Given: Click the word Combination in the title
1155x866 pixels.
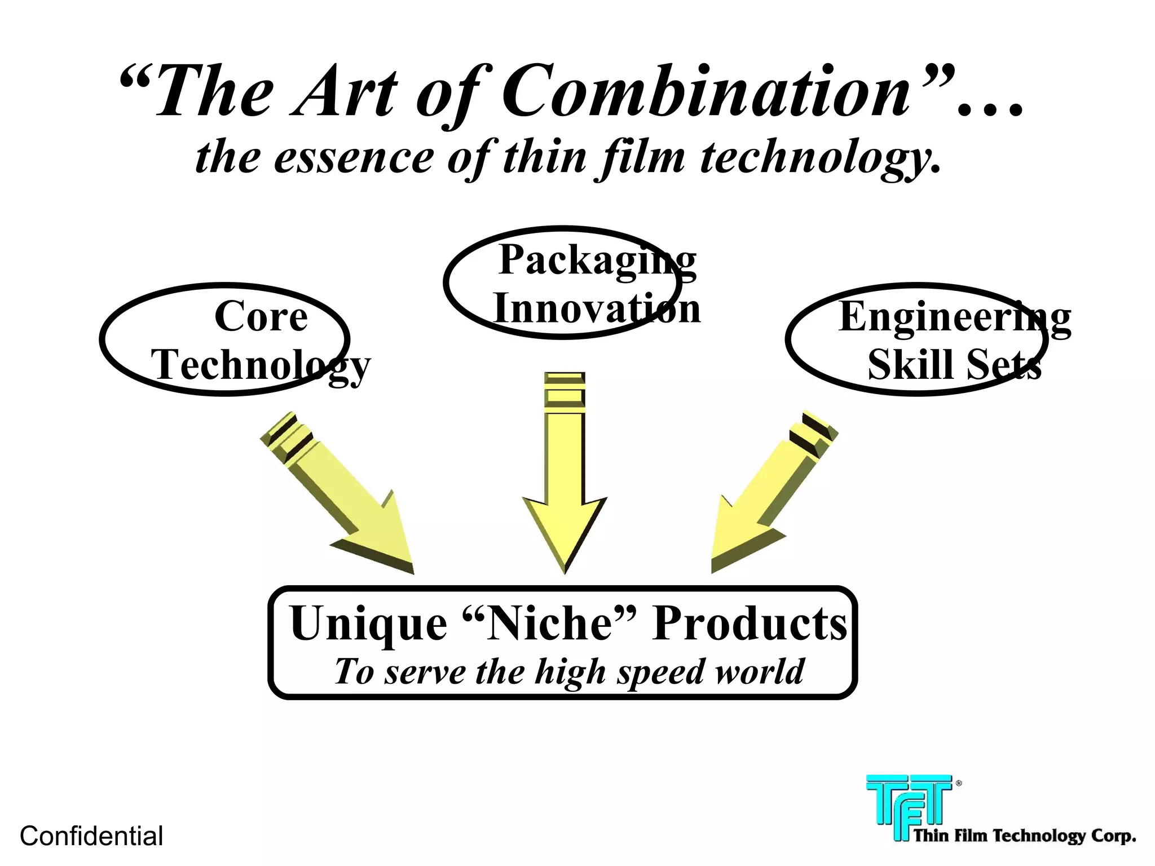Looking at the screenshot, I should [x=706, y=91].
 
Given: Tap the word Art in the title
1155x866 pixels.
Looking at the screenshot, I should [x=345, y=92].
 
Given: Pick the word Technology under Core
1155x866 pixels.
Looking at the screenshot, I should [x=261, y=365].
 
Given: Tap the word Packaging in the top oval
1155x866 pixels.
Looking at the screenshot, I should [x=597, y=260].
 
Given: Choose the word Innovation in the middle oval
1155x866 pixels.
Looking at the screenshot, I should [x=597, y=308].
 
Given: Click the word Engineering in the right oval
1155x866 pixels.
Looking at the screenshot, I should [x=954, y=317].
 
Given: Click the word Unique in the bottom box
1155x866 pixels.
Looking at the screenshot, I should [x=368, y=624].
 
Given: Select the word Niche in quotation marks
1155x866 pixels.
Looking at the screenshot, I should [x=549, y=624].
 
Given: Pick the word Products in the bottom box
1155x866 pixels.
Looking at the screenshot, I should [x=750, y=624].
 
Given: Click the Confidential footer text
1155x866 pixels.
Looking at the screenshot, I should [x=91, y=836].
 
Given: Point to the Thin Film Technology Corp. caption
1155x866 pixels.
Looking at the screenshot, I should [x=1024, y=836].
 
